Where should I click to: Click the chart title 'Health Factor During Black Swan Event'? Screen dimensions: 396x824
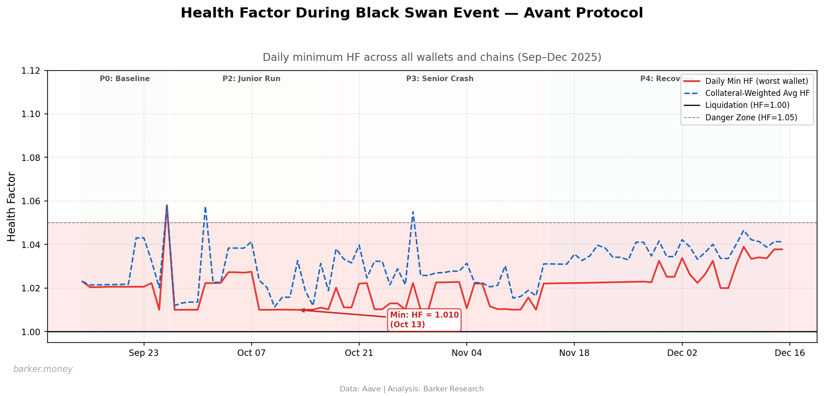(x=411, y=13)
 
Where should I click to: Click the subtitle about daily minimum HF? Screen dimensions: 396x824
(x=432, y=58)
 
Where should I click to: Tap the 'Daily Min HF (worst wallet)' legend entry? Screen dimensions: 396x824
(x=757, y=81)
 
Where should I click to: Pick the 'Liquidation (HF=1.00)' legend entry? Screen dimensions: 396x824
(x=747, y=105)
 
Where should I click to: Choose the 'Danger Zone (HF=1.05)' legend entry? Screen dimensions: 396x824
(x=751, y=118)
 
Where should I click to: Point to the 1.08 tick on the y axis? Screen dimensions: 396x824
(x=34, y=158)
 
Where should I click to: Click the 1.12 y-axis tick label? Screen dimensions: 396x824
(x=34, y=71)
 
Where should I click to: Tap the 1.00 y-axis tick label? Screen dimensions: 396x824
(x=34, y=332)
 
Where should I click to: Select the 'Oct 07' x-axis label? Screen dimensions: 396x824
(x=251, y=353)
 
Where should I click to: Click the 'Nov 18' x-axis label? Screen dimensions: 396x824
(x=574, y=353)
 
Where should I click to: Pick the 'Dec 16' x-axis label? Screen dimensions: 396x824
(x=789, y=353)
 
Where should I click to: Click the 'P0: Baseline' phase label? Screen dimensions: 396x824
(x=125, y=79)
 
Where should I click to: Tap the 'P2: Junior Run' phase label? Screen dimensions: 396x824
(x=251, y=79)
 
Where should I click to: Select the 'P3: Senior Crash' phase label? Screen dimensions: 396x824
(x=439, y=79)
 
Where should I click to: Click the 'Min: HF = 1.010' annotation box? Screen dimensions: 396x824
(x=424, y=320)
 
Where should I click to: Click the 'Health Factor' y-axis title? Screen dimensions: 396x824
(x=12, y=207)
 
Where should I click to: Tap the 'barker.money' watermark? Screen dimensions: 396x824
(x=43, y=369)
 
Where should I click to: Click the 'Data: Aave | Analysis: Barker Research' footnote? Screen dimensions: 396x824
(x=411, y=389)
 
